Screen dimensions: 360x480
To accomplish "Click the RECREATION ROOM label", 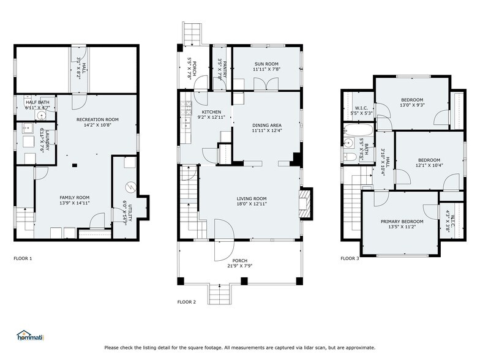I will (x=97, y=119).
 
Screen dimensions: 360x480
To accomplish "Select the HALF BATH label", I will (x=37, y=102).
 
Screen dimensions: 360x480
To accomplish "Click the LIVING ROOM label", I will (x=252, y=198).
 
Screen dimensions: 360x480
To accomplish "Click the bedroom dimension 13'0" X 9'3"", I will (x=412, y=105).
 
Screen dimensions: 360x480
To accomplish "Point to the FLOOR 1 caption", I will (x=23, y=258).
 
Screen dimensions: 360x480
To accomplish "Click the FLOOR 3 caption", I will (x=350, y=258).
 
